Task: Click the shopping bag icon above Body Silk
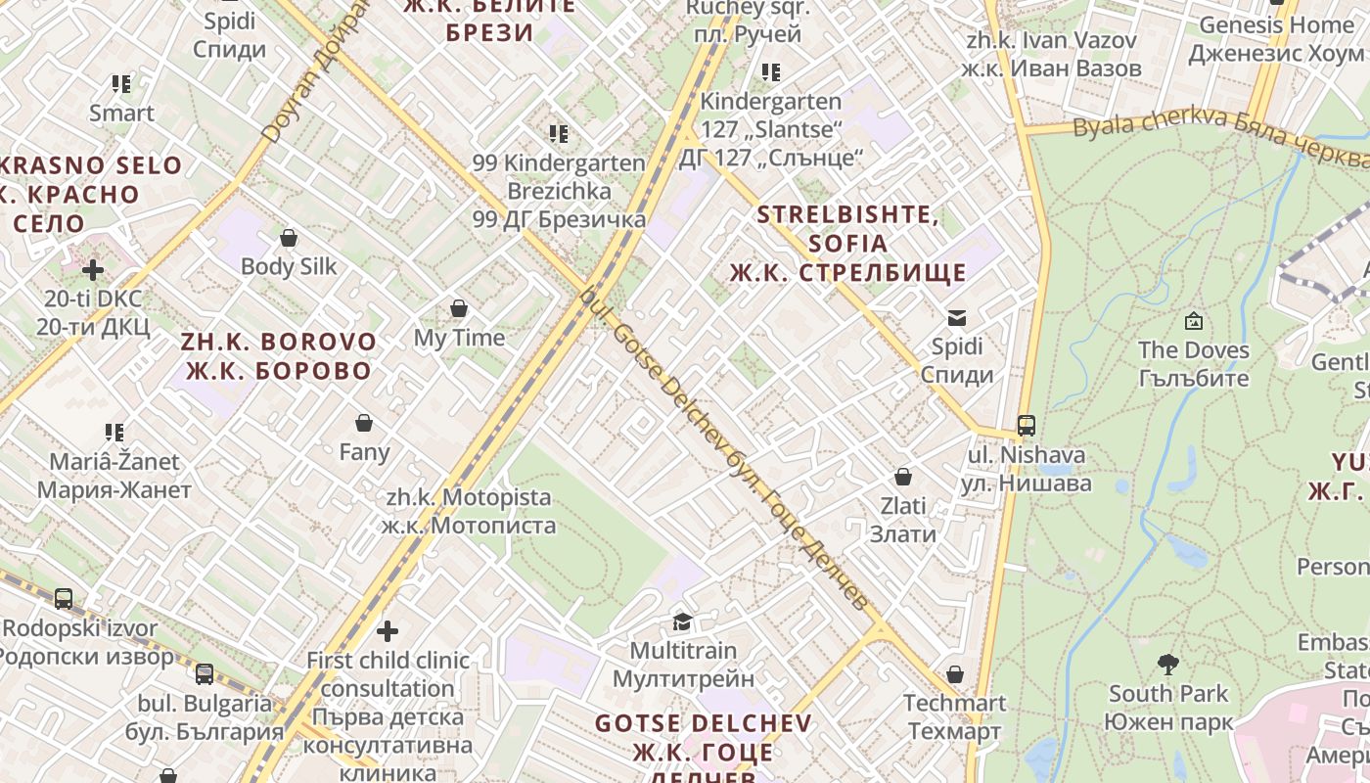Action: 289,238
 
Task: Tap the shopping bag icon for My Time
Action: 459,309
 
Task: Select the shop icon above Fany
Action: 364,423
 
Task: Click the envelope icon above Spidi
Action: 957,317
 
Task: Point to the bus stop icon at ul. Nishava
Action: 1026,426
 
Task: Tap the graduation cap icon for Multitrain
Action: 682,622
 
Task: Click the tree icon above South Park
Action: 1166,666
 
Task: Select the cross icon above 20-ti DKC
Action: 93,269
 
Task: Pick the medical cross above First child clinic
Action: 388,631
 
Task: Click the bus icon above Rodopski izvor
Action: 64,598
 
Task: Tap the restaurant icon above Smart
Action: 121,84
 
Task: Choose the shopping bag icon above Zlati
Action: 903,477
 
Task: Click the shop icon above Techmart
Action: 955,674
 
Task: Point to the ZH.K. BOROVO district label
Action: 279,356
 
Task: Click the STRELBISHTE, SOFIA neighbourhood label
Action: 848,243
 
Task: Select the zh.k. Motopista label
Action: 469,511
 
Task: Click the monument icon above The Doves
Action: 1193,321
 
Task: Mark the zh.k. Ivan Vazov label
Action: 1051,55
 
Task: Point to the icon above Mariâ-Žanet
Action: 114,432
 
